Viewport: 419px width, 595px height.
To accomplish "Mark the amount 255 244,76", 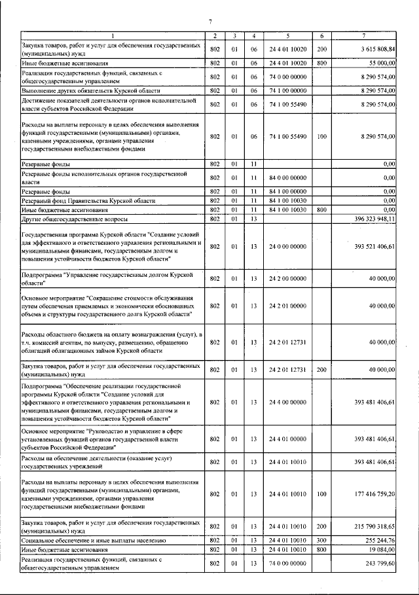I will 380,540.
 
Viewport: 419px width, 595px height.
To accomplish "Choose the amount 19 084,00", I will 382,549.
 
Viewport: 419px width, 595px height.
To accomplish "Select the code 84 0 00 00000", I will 288,177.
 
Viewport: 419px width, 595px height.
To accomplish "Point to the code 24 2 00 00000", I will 288,278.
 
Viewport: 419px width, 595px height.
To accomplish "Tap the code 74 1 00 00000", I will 288,90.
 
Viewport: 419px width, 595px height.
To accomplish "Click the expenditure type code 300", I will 321,540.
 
